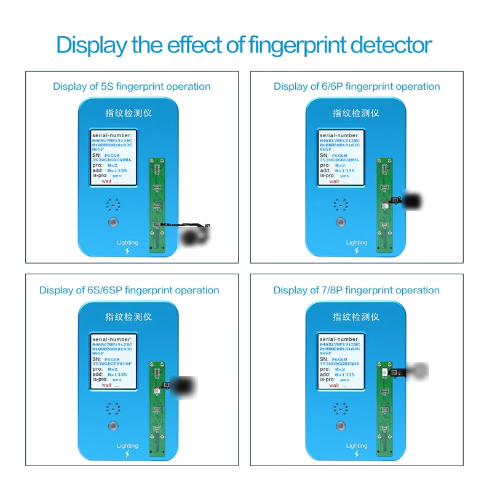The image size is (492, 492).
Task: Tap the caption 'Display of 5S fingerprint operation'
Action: pyautogui.click(x=132, y=86)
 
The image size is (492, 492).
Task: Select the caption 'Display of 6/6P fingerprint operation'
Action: pyautogui.click(x=357, y=86)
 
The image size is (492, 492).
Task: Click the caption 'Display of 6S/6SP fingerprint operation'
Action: pyautogui.click(x=129, y=290)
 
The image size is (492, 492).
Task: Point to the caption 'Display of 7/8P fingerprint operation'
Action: pyautogui.click(x=357, y=290)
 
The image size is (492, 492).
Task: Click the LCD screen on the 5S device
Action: pyautogui.click(x=115, y=157)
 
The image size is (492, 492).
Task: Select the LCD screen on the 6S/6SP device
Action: pyautogui.click(x=115, y=361)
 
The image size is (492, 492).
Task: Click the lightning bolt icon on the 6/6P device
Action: pyautogui.click(x=356, y=252)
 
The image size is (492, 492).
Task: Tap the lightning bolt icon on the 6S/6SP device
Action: pyautogui.click(x=128, y=456)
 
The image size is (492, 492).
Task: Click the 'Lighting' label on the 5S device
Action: pyautogui.click(x=128, y=242)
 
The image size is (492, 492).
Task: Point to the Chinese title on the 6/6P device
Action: pyautogui.click(x=356, y=113)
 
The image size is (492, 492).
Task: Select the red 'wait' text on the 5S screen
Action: pyautogui.click(x=108, y=181)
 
